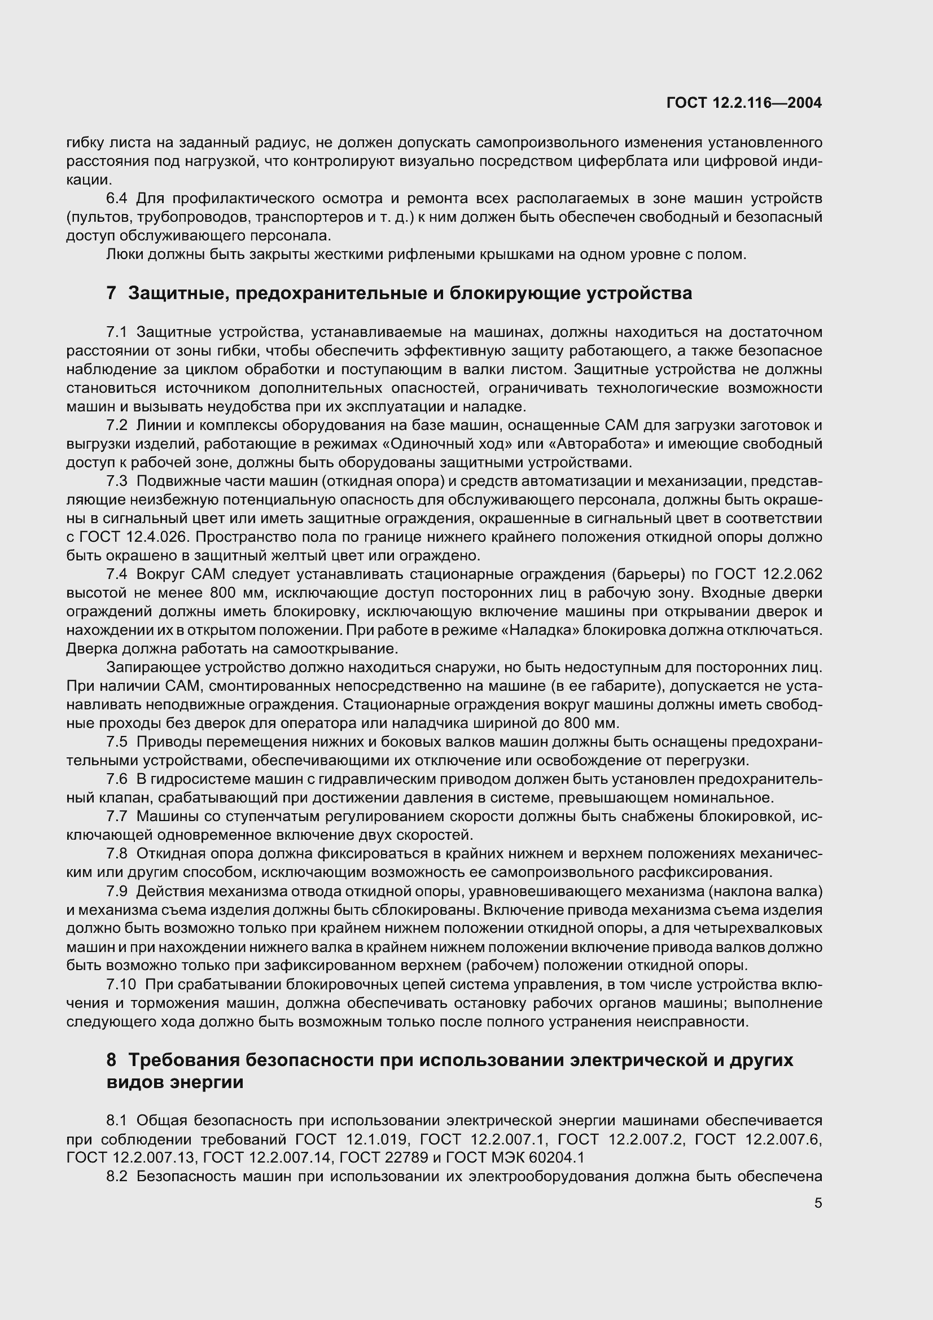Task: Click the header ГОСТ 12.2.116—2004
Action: (744, 103)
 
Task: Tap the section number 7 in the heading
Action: (111, 293)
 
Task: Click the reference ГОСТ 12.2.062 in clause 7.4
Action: (768, 574)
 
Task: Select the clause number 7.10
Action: (121, 984)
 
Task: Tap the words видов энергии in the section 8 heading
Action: (175, 1082)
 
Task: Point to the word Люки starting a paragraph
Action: (124, 254)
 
